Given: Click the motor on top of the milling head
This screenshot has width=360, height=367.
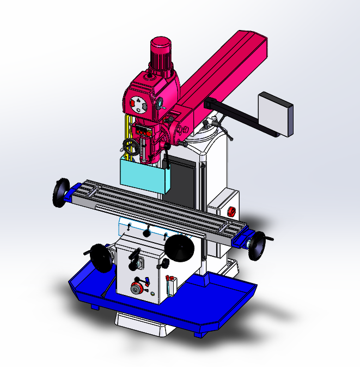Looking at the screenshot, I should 162,55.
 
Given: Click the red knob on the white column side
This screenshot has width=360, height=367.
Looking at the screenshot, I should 230,211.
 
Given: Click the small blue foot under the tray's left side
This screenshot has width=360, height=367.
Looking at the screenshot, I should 95,306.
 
